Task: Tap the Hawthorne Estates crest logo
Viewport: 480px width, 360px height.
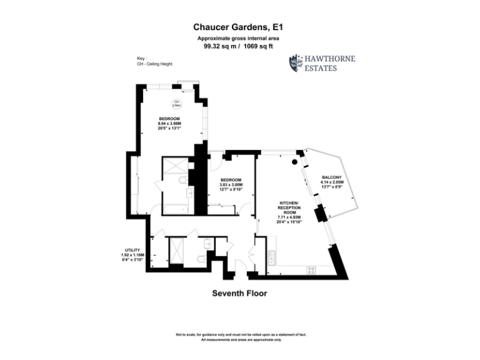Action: click(295, 63)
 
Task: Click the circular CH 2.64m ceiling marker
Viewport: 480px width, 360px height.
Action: click(176, 104)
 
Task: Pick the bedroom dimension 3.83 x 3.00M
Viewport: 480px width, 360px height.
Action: click(231, 185)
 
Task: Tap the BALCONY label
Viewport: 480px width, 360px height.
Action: click(332, 177)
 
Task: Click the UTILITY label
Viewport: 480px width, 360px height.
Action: click(132, 250)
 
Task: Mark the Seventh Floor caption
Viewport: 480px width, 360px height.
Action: click(240, 293)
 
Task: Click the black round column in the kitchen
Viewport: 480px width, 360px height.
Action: click(294, 162)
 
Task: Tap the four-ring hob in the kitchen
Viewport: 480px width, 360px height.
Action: click(311, 269)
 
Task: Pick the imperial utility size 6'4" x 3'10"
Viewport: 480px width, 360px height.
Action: click(132, 259)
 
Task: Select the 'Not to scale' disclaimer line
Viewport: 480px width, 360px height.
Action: click(240, 335)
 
